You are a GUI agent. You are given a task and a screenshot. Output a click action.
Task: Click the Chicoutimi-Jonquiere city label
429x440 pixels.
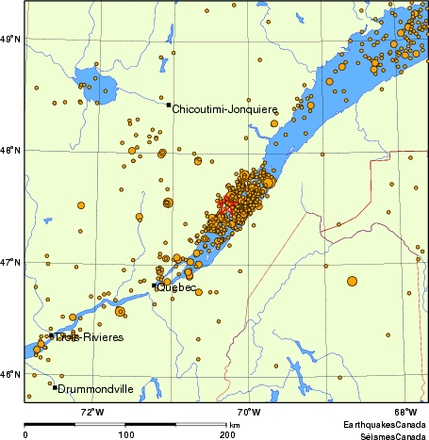point(224,109)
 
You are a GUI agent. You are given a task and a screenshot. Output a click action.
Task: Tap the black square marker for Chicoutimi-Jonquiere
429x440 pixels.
point(169,106)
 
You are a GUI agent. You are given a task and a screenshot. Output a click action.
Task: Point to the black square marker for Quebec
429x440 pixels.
point(155,285)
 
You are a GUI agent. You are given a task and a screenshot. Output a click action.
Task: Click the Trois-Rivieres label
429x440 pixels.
point(89,337)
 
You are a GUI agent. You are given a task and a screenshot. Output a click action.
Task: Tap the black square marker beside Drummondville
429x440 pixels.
point(56,387)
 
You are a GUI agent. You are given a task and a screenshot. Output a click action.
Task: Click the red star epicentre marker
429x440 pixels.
point(225,202)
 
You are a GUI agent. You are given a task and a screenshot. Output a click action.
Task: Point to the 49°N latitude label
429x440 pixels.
point(9,39)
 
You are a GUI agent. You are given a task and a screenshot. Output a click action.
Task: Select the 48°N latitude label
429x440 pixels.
point(9,150)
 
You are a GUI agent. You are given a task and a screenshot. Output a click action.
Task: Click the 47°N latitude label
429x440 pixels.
point(9,262)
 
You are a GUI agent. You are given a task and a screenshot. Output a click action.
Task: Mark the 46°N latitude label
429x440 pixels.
point(9,374)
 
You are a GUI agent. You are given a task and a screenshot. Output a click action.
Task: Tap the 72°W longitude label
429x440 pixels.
point(91,412)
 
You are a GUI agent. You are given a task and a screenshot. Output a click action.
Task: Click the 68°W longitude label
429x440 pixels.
point(405,412)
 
